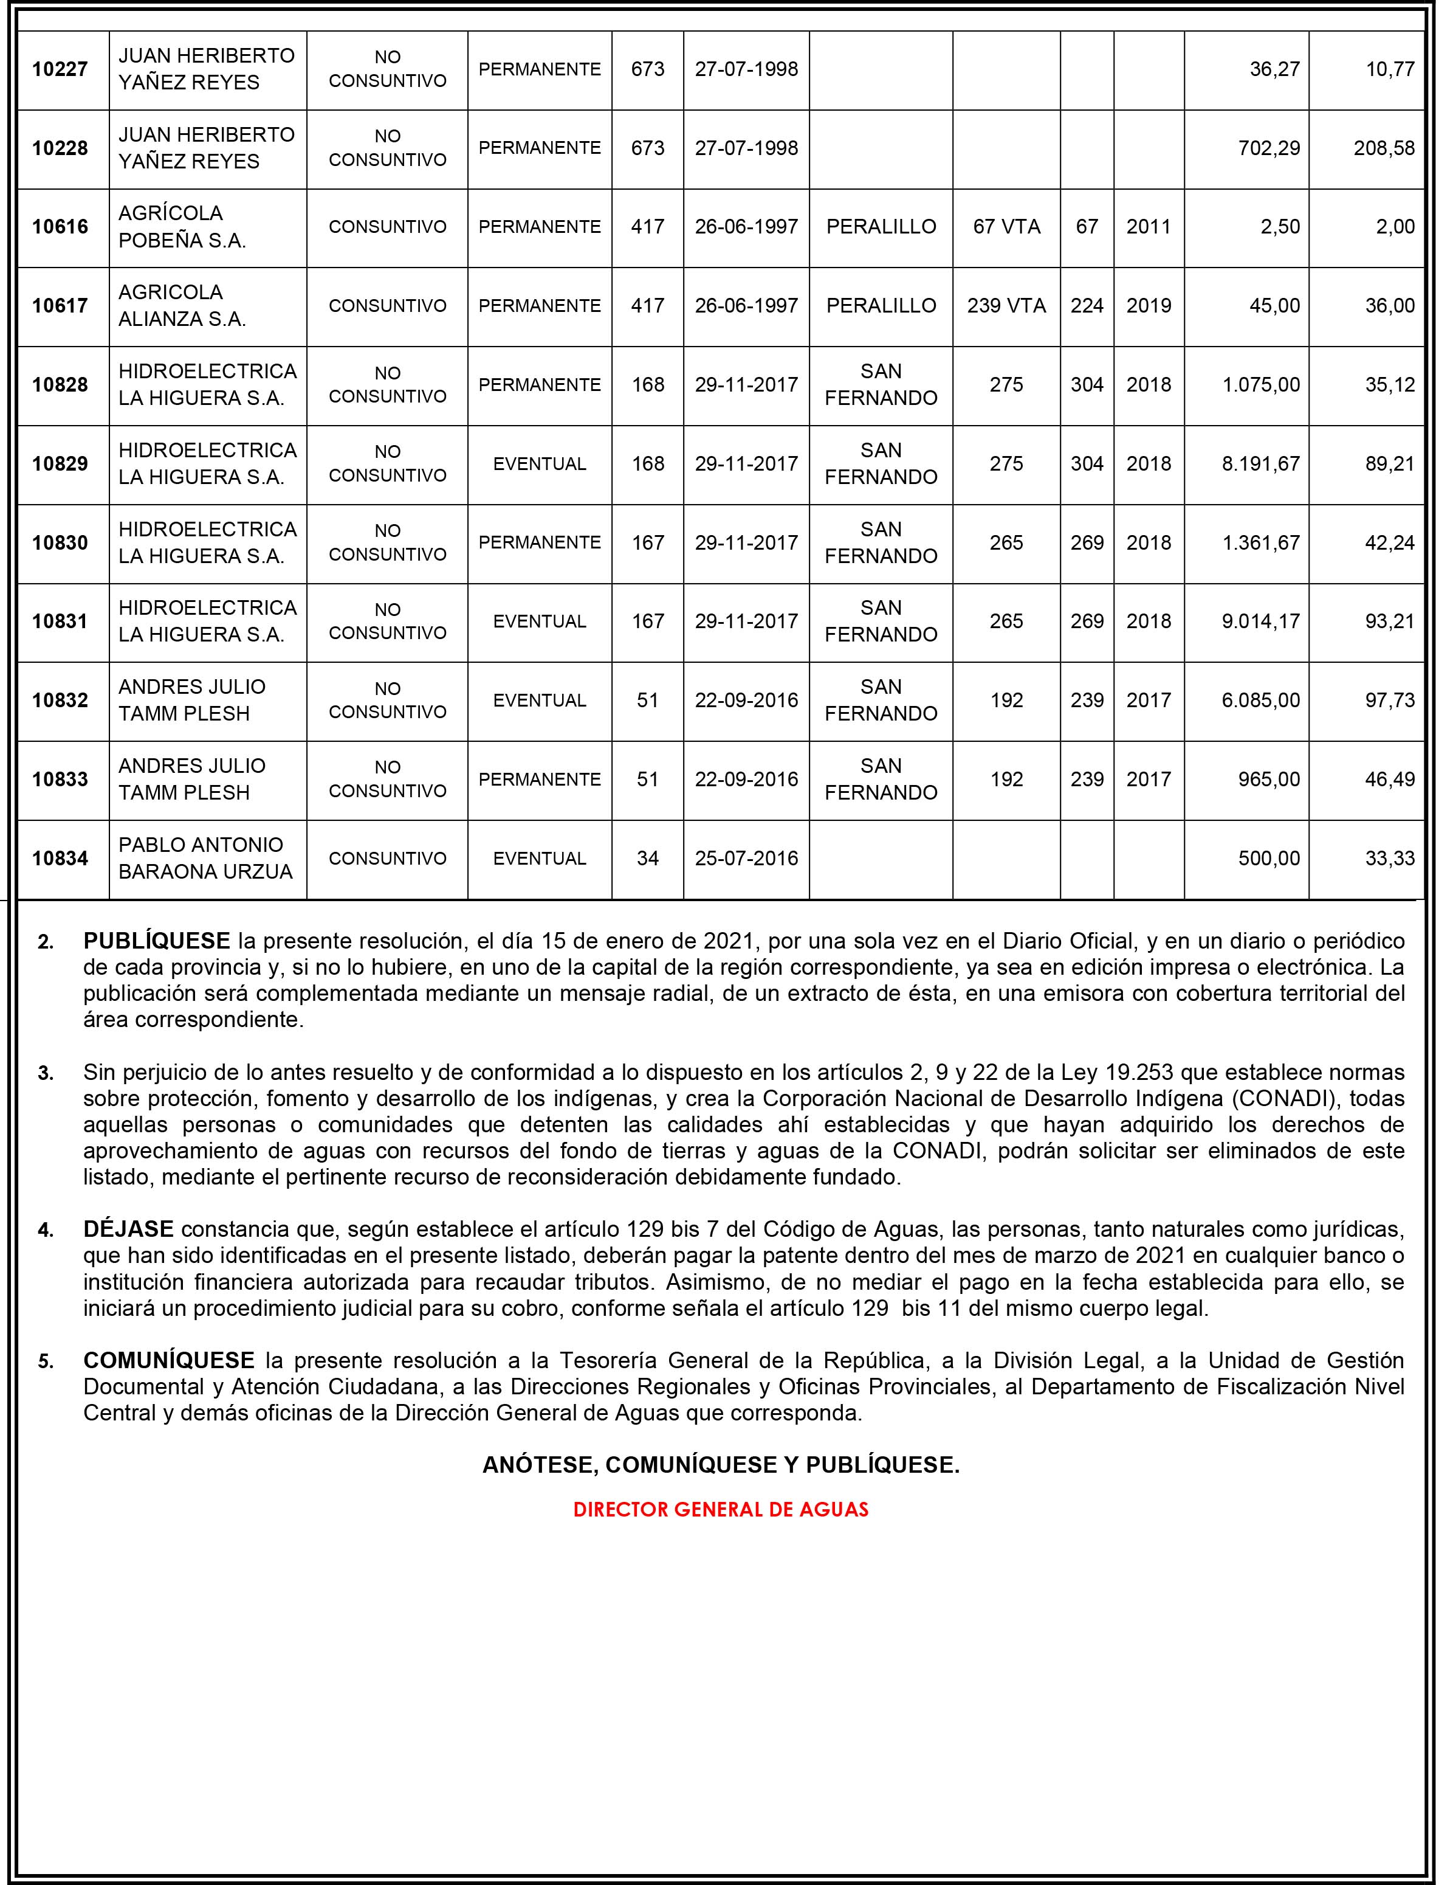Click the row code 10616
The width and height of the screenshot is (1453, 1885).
[60, 227]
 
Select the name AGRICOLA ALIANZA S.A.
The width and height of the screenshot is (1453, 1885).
[182, 305]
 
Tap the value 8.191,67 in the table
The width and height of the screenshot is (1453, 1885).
[1260, 463]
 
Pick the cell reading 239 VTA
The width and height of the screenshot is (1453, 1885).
[1006, 305]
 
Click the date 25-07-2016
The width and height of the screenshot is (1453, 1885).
[746, 858]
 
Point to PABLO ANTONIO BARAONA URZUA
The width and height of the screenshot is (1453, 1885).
[205, 858]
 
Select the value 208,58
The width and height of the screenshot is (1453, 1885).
[1384, 148]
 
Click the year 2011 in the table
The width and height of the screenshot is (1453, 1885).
[1149, 227]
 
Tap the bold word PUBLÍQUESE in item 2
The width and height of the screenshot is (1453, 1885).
[156, 941]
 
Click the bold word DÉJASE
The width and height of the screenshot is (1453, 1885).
[129, 1228]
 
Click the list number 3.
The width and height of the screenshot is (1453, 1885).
[46, 1074]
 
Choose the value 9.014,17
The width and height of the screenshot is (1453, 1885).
[1260, 621]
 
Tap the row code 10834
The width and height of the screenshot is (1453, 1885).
[60, 859]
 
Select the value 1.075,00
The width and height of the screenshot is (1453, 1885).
[1260, 385]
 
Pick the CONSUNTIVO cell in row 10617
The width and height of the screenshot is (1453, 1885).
[388, 305]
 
